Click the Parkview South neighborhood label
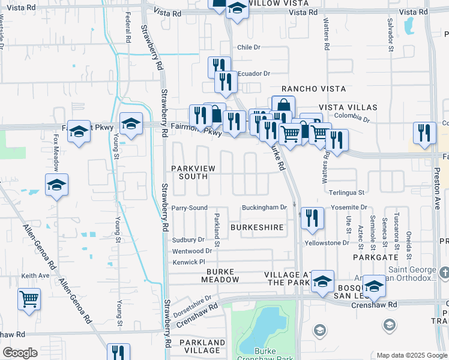193,172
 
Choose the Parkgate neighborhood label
372,256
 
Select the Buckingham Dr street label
265,208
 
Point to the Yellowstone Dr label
327,243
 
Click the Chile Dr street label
249,47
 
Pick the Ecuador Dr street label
254,74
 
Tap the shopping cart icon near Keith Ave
29,298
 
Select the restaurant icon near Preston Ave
425,133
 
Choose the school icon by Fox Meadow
56,185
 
